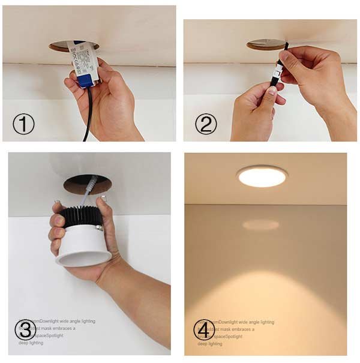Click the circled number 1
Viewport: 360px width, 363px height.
point(23,124)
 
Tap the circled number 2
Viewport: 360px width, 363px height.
point(206,124)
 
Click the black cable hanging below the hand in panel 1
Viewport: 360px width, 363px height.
point(88,117)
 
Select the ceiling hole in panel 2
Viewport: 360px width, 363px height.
point(264,45)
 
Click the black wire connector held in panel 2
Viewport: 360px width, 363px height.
point(278,75)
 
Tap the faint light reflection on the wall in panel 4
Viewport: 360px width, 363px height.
point(260,224)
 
